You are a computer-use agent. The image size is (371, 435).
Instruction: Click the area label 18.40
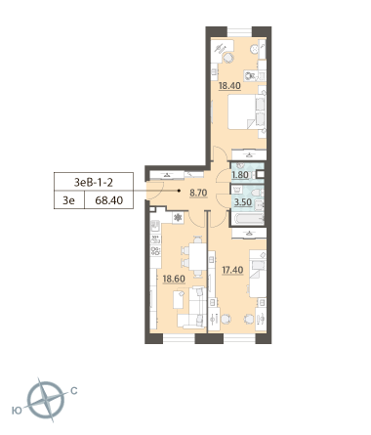tap(229, 86)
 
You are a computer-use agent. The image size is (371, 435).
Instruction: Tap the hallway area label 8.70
tap(198, 193)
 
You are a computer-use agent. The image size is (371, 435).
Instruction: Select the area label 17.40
tap(232, 270)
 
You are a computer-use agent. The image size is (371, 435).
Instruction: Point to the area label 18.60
tap(174, 279)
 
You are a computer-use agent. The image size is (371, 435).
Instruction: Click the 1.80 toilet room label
tap(240, 175)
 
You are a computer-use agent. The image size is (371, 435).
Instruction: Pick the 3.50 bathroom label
tap(243, 202)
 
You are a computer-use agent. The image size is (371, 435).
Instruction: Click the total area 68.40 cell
tap(109, 200)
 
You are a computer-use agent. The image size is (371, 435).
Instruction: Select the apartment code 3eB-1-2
tap(94, 182)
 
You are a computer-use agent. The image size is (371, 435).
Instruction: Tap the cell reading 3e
tap(69, 200)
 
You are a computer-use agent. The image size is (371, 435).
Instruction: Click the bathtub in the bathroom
tap(248, 218)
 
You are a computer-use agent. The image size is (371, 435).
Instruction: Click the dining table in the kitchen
tap(197, 256)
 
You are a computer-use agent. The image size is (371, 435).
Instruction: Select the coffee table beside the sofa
tap(179, 300)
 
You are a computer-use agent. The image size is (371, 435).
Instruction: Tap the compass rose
tap(46, 400)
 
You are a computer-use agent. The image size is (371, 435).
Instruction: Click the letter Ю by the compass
tap(17, 411)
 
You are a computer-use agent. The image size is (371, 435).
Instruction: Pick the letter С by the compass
tap(74, 390)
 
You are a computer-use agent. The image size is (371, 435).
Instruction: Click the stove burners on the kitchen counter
tap(155, 251)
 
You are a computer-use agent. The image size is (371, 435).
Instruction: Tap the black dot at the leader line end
tap(179, 191)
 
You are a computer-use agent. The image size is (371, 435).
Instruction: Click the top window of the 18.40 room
tap(239, 32)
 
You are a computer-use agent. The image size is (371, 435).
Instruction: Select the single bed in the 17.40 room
tap(258, 274)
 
